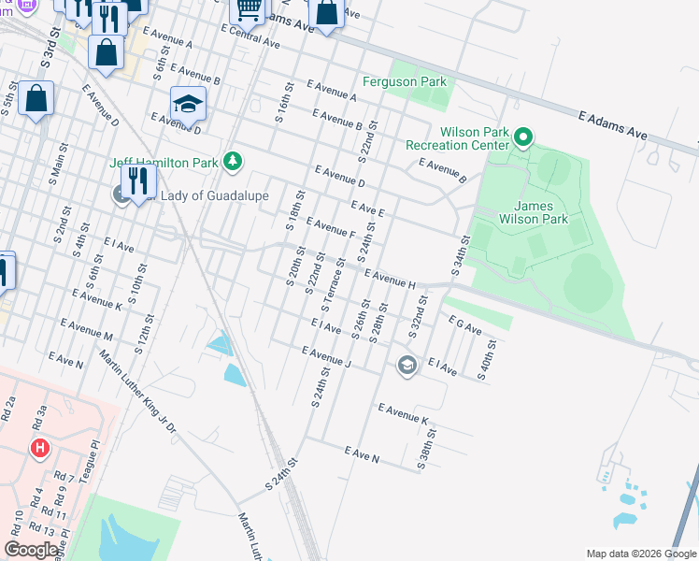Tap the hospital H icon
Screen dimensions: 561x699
coord(39,448)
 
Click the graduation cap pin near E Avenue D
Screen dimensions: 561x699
coord(188,105)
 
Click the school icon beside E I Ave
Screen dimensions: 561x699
coord(406,365)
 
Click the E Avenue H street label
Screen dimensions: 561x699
coord(390,278)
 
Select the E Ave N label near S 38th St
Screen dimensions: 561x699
coord(363,455)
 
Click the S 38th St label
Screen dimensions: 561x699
coord(426,445)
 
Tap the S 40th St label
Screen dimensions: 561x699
coord(488,359)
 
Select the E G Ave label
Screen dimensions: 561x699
coord(464,325)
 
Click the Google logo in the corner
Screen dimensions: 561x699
coord(32,549)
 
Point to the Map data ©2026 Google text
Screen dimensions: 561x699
coord(640,554)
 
